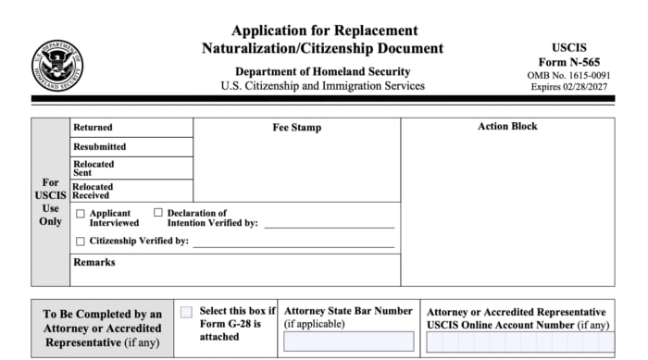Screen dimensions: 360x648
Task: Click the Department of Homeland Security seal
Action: point(57,64)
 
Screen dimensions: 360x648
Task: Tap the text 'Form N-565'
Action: point(569,61)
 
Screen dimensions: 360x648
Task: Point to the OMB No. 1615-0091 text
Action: point(569,74)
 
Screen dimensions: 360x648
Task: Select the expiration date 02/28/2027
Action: point(592,86)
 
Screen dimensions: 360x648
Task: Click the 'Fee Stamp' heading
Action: point(296,128)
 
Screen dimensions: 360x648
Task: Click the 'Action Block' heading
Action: point(507,127)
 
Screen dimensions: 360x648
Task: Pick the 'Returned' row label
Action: point(93,128)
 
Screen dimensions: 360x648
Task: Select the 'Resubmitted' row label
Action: point(99,147)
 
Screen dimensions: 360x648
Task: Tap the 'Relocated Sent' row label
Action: point(93,168)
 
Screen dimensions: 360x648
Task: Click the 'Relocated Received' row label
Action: point(93,191)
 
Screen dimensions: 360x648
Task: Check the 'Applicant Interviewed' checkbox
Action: point(80,214)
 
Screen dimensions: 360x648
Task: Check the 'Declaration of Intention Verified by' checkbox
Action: point(157,214)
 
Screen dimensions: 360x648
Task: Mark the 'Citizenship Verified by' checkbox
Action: point(80,242)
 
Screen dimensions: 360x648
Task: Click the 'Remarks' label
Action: point(93,263)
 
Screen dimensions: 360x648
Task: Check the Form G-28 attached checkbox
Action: point(186,313)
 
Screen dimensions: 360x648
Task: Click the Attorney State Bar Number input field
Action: point(348,341)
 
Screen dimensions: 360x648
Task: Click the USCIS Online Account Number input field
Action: point(519,341)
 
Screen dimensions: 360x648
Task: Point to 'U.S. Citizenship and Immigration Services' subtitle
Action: point(322,86)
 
